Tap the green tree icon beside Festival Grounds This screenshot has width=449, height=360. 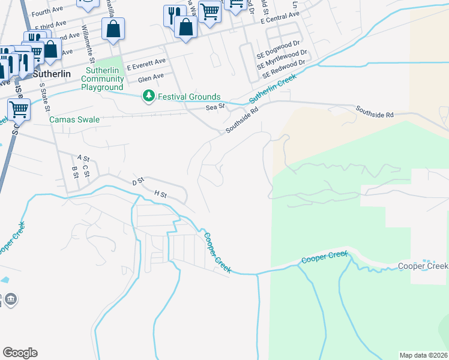(148, 96)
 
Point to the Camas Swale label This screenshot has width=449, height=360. (74, 119)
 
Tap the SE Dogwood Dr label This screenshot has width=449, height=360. (278, 45)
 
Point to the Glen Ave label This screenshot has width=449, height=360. (151, 78)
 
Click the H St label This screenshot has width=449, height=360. (160, 194)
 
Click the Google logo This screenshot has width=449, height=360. (20, 353)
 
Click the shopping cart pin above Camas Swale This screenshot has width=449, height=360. (19, 110)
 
